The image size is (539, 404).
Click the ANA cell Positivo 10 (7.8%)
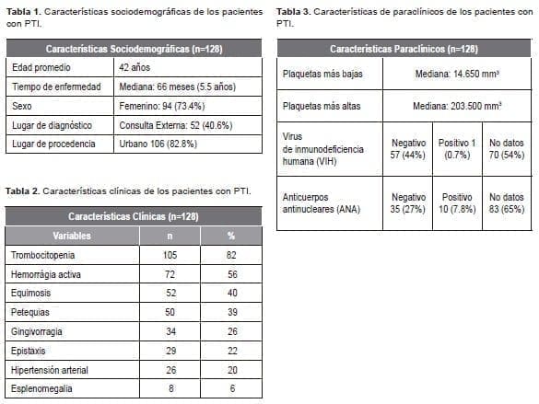click(x=458, y=202)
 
